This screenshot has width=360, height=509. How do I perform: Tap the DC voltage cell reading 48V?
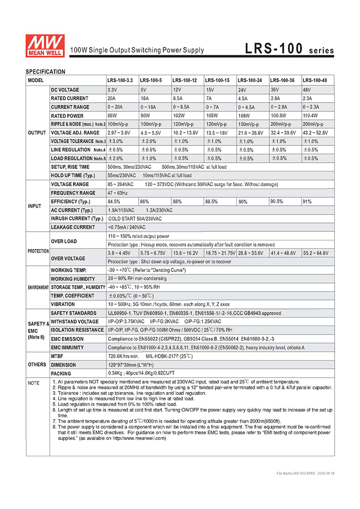307,90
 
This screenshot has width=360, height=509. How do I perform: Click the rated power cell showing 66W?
112,116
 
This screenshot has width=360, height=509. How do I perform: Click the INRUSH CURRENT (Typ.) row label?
77,219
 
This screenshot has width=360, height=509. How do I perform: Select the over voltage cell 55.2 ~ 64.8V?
316,253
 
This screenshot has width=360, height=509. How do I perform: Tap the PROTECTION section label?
38,251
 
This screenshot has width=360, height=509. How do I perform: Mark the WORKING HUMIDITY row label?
72,279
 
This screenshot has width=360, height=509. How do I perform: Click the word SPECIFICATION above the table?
45,72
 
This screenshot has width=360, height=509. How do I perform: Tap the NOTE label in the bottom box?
34,383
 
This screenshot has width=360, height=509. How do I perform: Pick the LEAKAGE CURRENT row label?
72,227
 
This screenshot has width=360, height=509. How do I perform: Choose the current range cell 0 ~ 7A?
213,107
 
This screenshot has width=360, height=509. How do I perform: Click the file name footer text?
306,473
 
